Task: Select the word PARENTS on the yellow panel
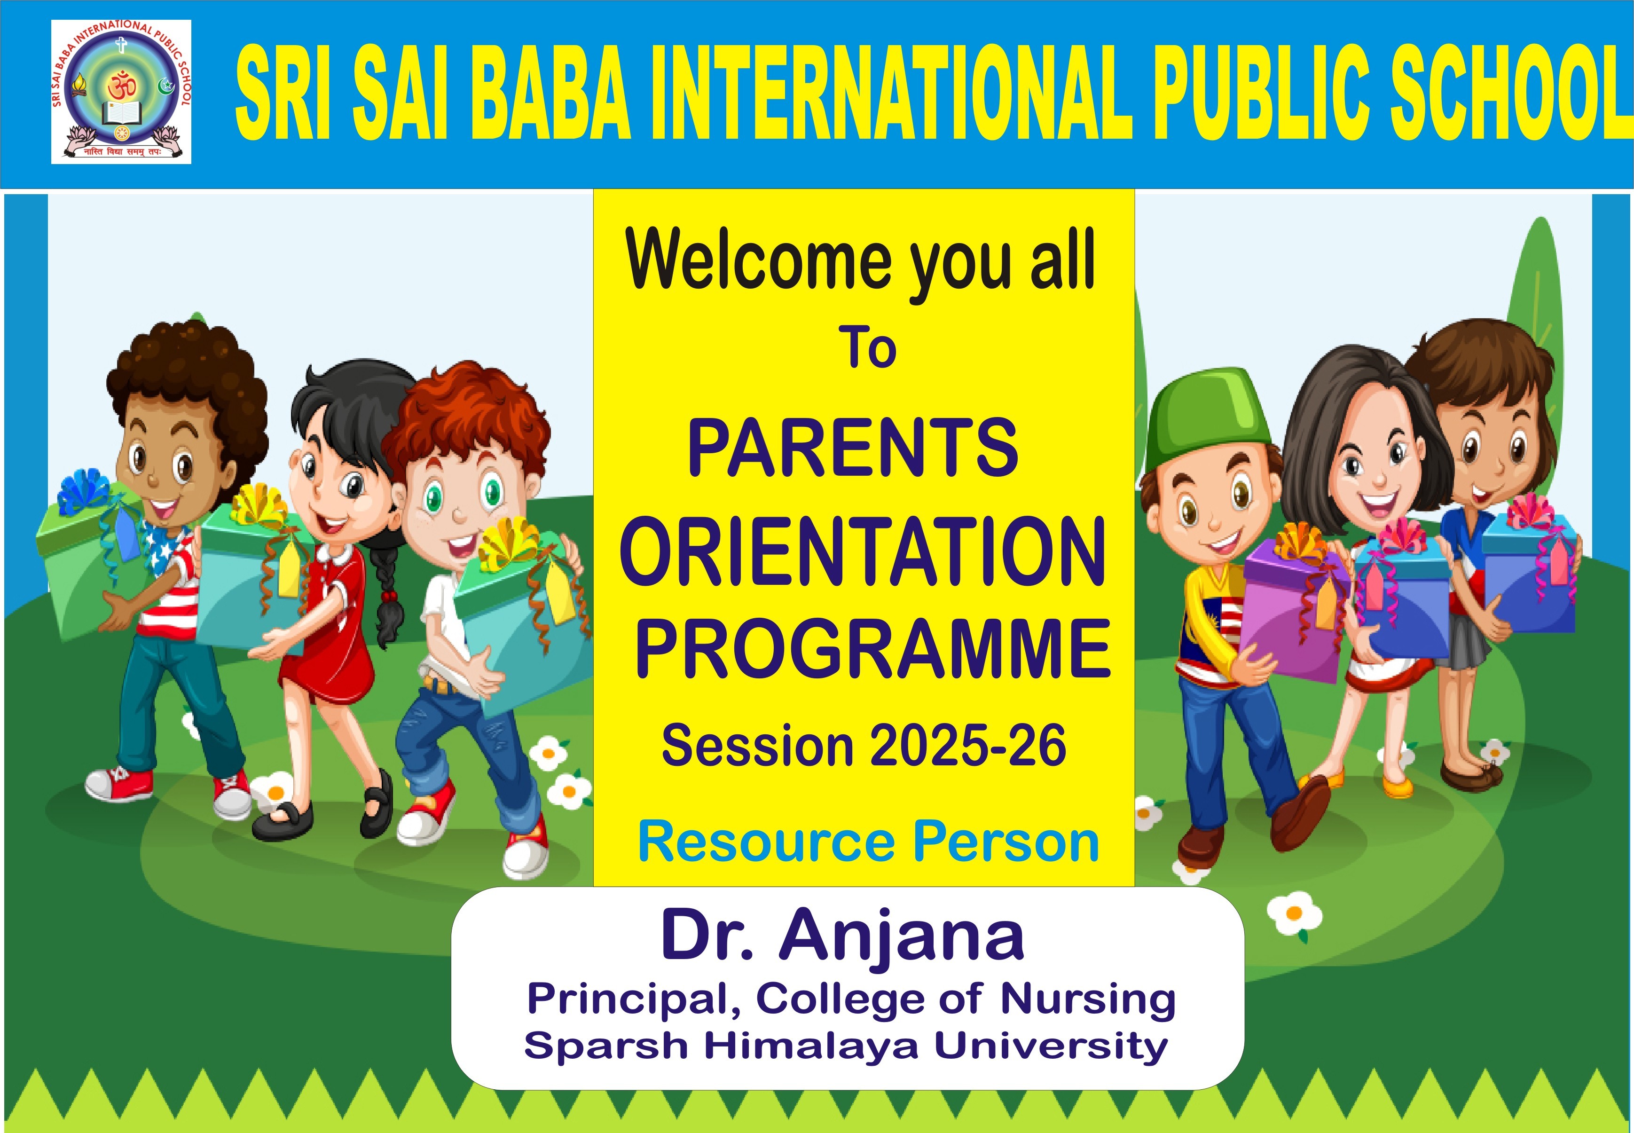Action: click(x=853, y=447)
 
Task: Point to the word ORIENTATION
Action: click(x=863, y=551)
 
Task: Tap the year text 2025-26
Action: click(x=967, y=746)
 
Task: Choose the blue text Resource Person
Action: click(x=868, y=841)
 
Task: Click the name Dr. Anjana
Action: click(x=842, y=936)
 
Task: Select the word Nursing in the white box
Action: click(x=1087, y=1000)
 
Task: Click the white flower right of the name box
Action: click(x=1295, y=914)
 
